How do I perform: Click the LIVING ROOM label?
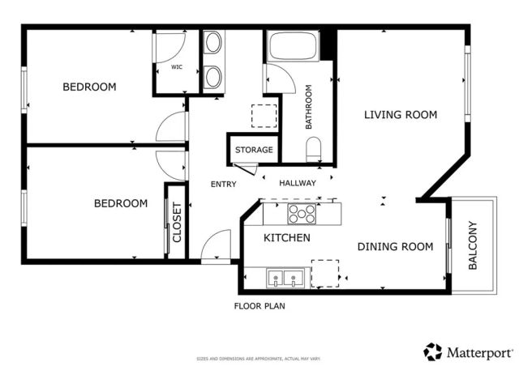tap(400, 115)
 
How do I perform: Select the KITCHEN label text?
tap(287, 238)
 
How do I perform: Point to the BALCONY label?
tap(473, 245)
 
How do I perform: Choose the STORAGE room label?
tap(254, 151)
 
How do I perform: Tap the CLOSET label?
tap(177, 222)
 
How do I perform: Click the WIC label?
tap(176, 68)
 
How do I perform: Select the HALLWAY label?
tap(298, 184)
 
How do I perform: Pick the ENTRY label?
tap(224, 185)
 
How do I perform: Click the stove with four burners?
tap(302, 214)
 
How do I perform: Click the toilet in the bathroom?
tap(314, 148)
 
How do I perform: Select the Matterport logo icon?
tap(433, 351)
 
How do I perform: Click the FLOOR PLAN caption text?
tap(259, 307)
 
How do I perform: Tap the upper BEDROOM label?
tap(89, 87)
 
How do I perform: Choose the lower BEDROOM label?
tap(120, 204)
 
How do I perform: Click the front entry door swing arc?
tap(217, 245)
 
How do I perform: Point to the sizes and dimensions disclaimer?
tap(259, 358)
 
